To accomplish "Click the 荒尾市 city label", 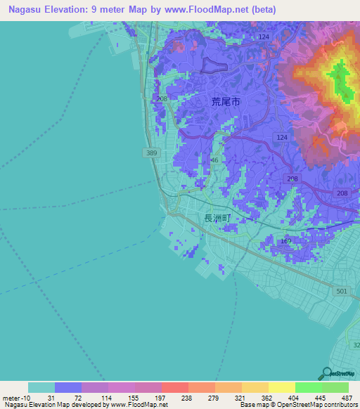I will (226, 102).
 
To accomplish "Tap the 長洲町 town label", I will (217, 219).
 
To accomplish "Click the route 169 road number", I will (285, 242).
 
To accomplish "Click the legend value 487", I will (346, 398).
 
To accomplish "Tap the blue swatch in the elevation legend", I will (67, 387).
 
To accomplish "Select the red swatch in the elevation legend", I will (174, 387).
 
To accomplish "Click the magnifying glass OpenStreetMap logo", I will (325, 373).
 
